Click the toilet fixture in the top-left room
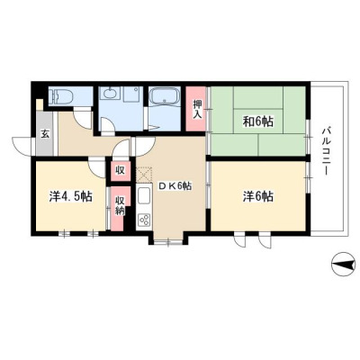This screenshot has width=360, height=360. tap(61, 96)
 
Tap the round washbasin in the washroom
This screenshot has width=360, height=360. tap(109, 94)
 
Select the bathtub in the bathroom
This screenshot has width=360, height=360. tap(164, 96)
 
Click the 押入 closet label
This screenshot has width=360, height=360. tap(196, 109)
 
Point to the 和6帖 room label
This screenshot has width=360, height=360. tap(257, 121)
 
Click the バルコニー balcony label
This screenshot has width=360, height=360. tap(326, 152)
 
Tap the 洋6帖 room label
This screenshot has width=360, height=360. tap(257, 196)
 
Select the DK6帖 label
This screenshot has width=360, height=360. tap(175, 186)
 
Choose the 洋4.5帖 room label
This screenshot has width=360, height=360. tap(70, 196)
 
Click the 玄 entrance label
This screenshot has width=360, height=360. tap(44, 134)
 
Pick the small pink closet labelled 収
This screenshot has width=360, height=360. tap(121, 171)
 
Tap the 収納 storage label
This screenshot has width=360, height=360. tap(121, 205)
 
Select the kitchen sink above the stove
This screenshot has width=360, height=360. tap(144, 197)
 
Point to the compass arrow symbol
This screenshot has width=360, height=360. tap(343, 264)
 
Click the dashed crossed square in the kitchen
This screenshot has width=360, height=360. tap(144, 175)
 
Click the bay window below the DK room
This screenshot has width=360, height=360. tap(168, 240)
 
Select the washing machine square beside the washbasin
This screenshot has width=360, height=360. tap(132, 95)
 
